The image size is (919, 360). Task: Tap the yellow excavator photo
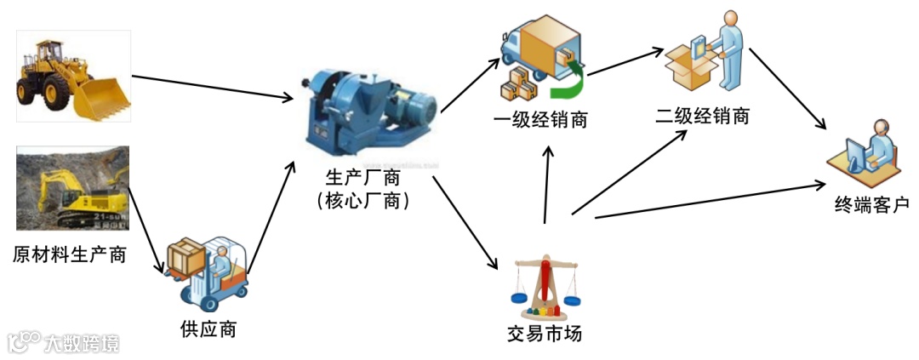(72, 188)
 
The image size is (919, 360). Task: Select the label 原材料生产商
(70, 254)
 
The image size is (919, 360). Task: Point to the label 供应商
(208, 329)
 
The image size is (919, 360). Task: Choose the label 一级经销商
(540, 119)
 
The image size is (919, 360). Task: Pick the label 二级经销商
(703, 116)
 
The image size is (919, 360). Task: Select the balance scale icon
(545, 285)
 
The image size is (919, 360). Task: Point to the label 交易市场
(545, 333)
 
